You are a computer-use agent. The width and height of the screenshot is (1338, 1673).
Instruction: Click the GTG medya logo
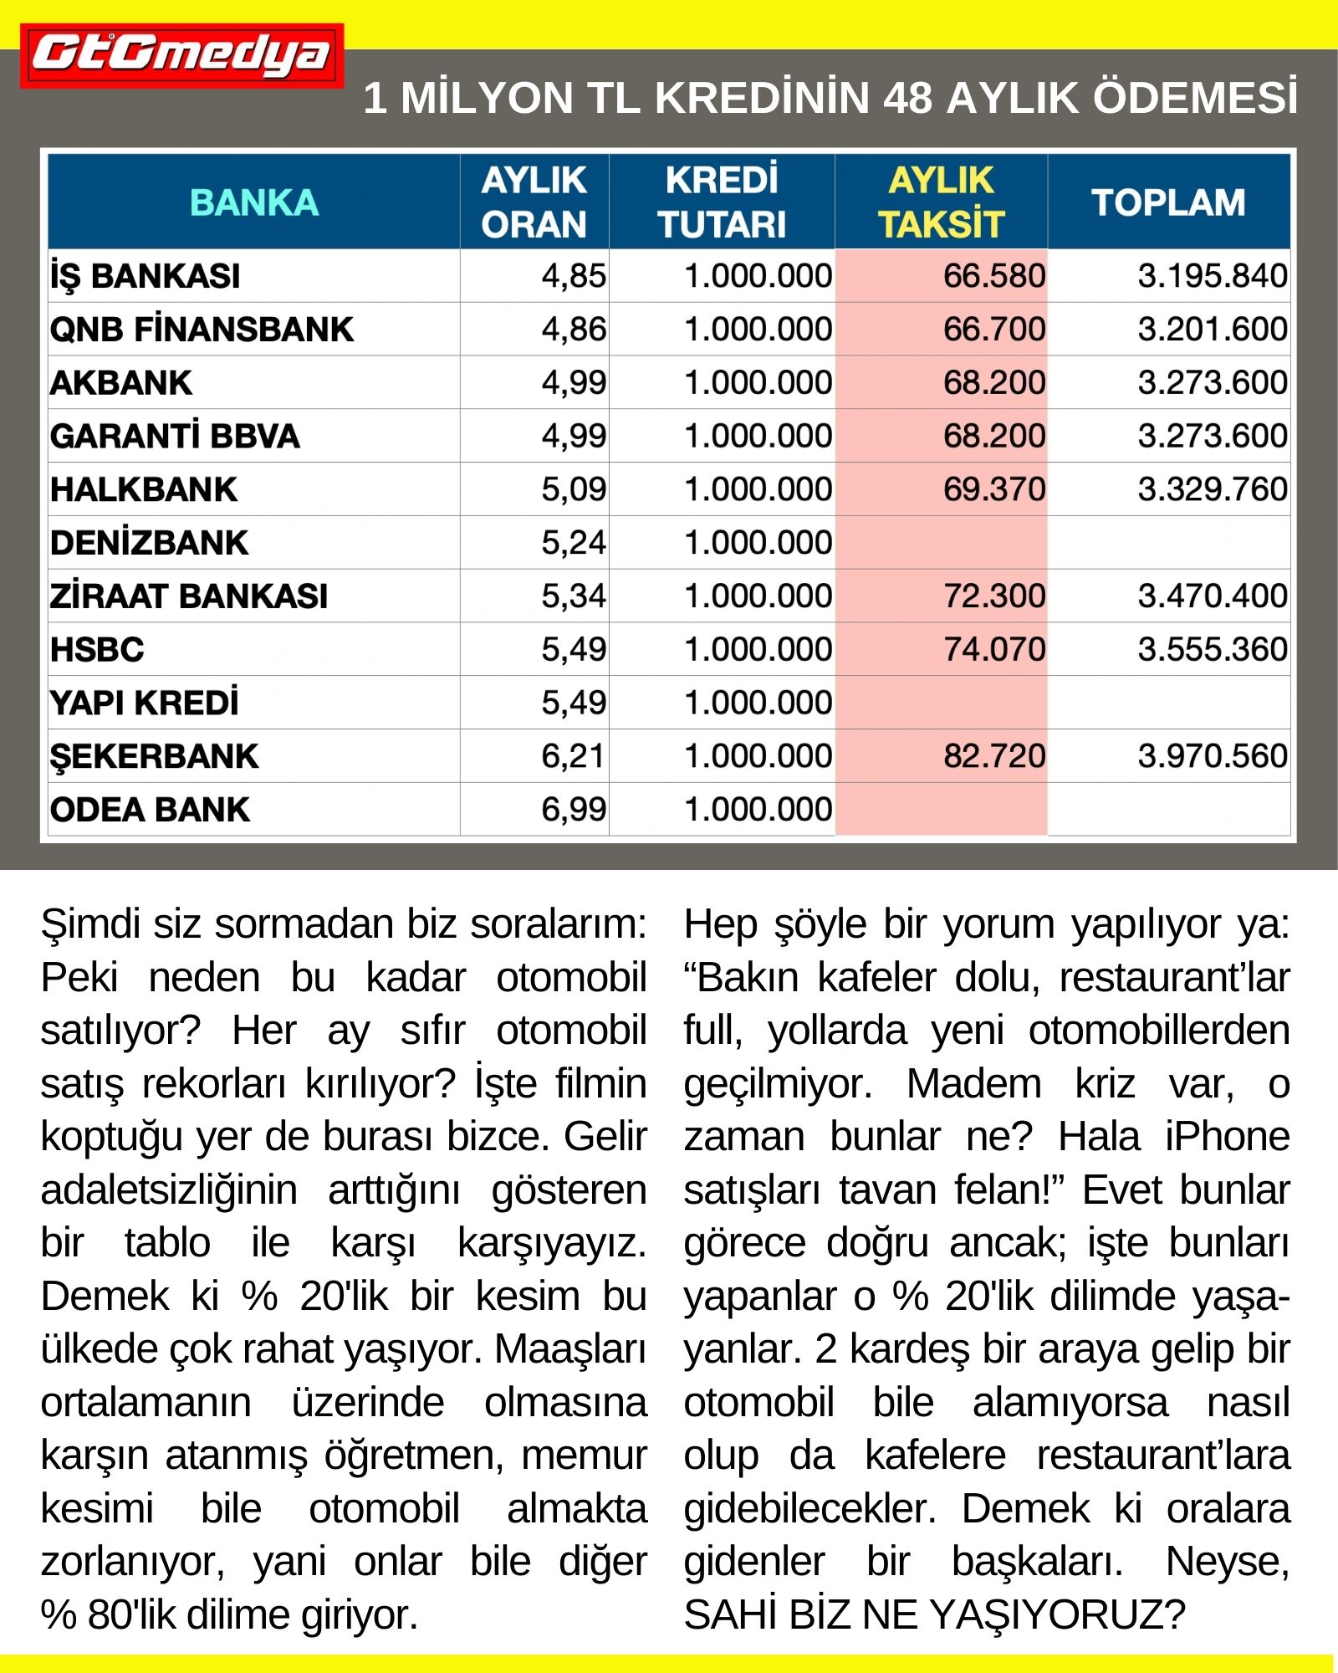click(x=181, y=55)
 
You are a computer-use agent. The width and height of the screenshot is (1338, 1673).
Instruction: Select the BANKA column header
click(x=254, y=202)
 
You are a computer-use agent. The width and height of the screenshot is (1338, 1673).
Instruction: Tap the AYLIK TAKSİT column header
click(x=941, y=202)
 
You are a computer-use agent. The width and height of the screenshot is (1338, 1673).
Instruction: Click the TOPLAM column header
click(x=1168, y=202)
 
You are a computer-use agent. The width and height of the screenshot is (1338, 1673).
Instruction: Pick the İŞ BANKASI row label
click(x=146, y=276)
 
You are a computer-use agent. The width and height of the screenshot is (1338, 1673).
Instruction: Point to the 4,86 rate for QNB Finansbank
click(x=574, y=330)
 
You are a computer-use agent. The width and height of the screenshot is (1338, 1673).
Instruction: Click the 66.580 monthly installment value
click(x=994, y=276)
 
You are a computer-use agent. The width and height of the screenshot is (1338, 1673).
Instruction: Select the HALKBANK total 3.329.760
click(x=1212, y=489)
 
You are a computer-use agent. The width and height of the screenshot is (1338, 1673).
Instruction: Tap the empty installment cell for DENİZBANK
click(x=941, y=543)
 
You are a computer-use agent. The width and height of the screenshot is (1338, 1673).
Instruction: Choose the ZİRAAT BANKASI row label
click(x=189, y=596)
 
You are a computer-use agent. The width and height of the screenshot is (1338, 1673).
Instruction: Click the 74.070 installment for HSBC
click(x=994, y=650)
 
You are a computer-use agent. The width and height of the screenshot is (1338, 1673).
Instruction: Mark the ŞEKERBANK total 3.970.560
click(x=1212, y=756)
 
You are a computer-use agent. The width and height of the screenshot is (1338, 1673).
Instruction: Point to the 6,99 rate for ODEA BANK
click(x=574, y=810)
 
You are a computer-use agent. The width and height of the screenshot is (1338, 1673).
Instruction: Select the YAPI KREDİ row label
click(x=145, y=703)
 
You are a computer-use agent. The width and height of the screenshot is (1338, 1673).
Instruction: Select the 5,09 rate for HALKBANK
click(x=574, y=489)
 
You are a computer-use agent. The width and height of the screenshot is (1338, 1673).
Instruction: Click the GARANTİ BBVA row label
click(x=175, y=437)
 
